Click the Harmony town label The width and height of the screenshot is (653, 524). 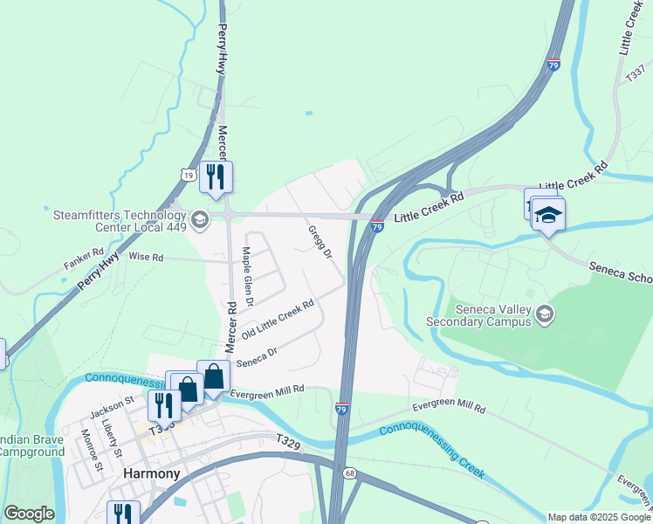[x=152, y=473]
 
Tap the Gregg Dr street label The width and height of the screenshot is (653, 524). [x=320, y=242]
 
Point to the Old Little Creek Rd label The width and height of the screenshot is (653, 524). [x=278, y=321]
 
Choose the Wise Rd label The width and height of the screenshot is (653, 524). [x=146, y=258]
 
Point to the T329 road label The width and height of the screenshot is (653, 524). [x=288, y=444]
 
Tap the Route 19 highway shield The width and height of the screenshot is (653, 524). [x=188, y=176]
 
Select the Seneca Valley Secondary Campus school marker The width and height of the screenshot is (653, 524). [x=545, y=314]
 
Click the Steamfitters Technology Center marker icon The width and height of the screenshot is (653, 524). [x=200, y=218]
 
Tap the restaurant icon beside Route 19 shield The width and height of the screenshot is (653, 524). [x=215, y=176]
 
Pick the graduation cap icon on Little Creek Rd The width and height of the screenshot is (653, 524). [x=548, y=214]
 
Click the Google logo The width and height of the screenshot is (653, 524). [x=29, y=514]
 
